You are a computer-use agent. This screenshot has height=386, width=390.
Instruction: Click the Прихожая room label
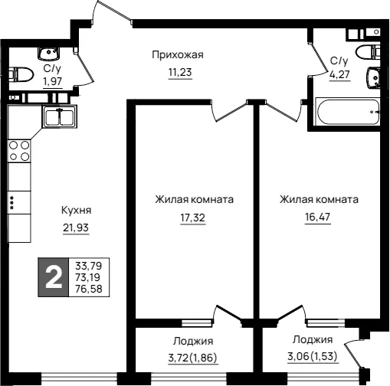178,55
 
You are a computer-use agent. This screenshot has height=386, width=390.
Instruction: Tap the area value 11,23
180,73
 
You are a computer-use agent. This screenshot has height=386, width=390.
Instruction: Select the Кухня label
76,211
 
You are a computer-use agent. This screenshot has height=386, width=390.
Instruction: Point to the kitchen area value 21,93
76,227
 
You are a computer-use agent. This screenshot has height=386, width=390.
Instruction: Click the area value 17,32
193,218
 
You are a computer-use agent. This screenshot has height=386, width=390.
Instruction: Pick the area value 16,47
318,217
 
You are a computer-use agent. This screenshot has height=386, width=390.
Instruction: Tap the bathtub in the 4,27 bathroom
347,112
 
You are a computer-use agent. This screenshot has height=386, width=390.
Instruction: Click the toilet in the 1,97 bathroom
21,75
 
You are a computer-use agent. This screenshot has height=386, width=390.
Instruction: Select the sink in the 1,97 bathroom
48,54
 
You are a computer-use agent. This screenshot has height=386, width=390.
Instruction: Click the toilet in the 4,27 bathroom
368,53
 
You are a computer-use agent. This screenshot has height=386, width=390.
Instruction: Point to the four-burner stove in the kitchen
19,151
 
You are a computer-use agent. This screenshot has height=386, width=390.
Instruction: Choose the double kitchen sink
60,117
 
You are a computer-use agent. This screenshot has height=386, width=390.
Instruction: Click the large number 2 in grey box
54,277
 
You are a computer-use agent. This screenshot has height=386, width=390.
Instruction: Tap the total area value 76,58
89,289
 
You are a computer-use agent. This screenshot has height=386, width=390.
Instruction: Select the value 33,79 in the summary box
89,266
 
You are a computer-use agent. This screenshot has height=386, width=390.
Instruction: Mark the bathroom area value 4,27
339,74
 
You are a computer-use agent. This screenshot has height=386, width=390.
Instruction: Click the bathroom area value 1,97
53,82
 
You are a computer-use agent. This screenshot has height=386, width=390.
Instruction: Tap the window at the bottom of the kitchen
79,377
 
